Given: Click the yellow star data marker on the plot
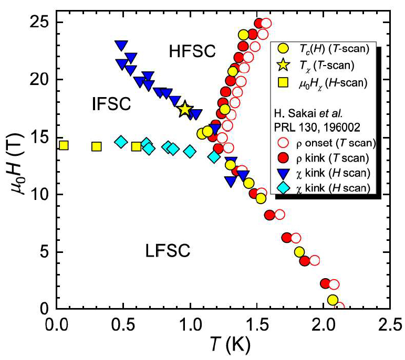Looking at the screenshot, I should [x=184, y=109].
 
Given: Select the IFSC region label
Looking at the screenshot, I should [x=112, y=104].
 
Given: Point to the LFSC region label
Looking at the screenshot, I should [x=168, y=252].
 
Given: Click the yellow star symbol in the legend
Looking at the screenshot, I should [x=283, y=66].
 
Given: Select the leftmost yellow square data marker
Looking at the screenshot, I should [x=63, y=145].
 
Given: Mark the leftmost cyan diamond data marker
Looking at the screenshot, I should [x=121, y=142].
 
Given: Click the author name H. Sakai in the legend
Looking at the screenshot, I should [x=297, y=114].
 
